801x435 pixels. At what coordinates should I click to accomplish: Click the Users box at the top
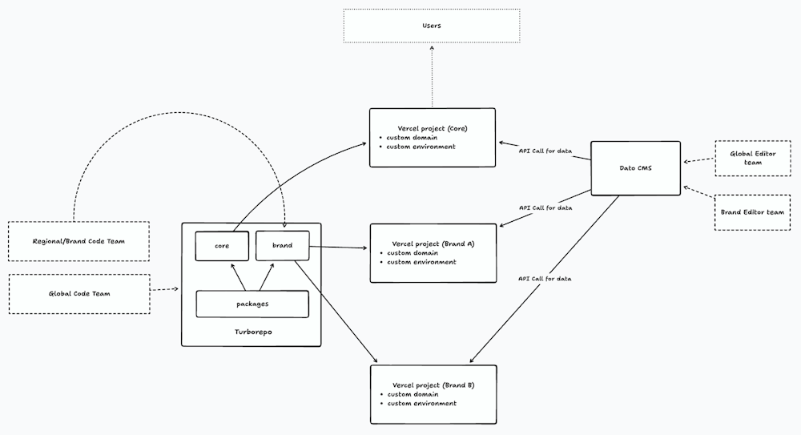pyautogui.click(x=432, y=26)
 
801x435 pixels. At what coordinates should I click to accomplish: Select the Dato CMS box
pyautogui.click(x=635, y=168)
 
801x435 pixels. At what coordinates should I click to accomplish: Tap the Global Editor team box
pyautogui.click(x=753, y=159)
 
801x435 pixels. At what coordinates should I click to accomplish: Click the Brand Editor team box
pyautogui.click(x=752, y=212)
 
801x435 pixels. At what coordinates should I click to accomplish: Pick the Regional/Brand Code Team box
pyautogui.click(x=78, y=241)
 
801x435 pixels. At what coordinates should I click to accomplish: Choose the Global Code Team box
pyautogui.click(x=79, y=294)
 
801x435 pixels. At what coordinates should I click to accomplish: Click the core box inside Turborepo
pyautogui.click(x=222, y=246)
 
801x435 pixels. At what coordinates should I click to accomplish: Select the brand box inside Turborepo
pyautogui.click(x=283, y=246)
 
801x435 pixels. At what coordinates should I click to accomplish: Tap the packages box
pyautogui.click(x=252, y=304)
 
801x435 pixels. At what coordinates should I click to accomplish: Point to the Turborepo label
pyautogui.click(x=253, y=332)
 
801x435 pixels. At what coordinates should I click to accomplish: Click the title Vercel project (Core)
pyautogui.click(x=433, y=128)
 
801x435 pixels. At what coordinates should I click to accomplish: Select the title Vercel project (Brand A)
pyautogui.click(x=433, y=244)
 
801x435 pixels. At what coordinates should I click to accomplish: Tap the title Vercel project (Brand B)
pyautogui.click(x=433, y=385)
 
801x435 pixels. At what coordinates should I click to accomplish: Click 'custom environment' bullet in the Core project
pyautogui.click(x=421, y=147)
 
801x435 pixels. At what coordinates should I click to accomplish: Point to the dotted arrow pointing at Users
pyautogui.click(x=433, y=76)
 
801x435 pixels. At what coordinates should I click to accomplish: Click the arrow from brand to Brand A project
pyautogui.click(x=338, y=248)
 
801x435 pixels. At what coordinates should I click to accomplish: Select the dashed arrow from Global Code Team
pyautogui.click(x=164, y=289)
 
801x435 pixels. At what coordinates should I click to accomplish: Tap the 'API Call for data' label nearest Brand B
pyautogui.click(x=545, y=279)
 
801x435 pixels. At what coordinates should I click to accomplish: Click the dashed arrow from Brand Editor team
pyautogui.click(x=698, y=192)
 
